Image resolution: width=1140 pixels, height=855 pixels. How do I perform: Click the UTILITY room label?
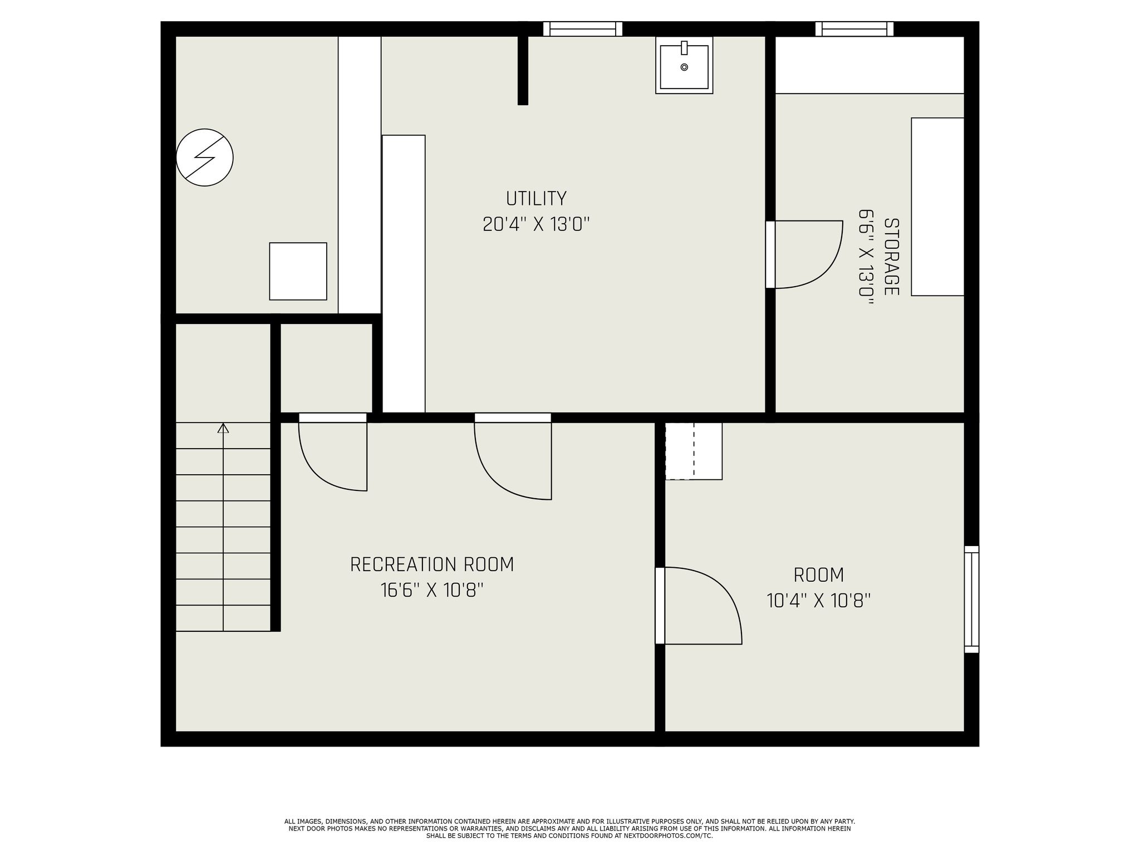pyautogui.click(x=536, y=199)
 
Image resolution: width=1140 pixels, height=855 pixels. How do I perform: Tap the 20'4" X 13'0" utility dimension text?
pyautogui.click(x=536, y=225)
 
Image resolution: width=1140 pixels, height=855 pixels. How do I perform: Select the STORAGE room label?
pyautogui.click(x=891, y=257)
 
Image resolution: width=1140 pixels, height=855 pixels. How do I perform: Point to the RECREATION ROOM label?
pyautogui.click(x=432, y=564)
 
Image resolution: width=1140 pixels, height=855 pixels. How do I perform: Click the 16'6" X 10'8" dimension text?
pyautogui.click(x=432, y=590)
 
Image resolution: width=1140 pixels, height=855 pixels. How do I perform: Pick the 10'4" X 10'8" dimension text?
pyautogui.click(x=818, y=601)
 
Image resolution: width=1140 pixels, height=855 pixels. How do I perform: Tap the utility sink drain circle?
pyautogui.click(x=684, y=67)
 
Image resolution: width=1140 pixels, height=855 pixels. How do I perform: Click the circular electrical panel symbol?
pyautogui.click(x=204, y=158)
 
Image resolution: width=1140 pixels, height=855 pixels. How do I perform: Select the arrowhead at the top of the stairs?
pyautogui.click(x=223, y=428)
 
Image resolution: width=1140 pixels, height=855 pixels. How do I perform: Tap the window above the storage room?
pyautogui.click(x=854, y=29)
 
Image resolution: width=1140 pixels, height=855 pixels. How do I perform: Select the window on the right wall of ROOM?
pyautogui.click(x=971, y=599)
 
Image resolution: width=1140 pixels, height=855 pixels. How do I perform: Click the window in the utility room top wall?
pyautogui.click(x=582, y=29)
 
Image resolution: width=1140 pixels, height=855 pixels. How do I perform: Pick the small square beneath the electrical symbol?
pyautogui.click(x=298, y=271)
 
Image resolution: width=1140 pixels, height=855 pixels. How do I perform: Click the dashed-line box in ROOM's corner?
pyautogui.click(x=694, y=451)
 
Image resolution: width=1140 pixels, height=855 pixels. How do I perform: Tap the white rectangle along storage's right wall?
pyautogui.click(x=937, y=207)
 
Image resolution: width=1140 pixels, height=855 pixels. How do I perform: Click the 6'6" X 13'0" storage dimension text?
pyautogui.click(x=866, y=257)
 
